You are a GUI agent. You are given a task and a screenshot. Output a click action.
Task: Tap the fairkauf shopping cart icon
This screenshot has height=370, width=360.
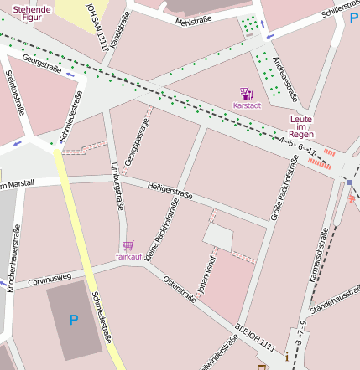[x=128, y=245]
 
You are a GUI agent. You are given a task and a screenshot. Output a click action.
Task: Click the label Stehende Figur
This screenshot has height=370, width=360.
[x=31, y=12]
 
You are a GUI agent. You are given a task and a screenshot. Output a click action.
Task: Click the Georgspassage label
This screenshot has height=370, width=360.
[x=130, y=141]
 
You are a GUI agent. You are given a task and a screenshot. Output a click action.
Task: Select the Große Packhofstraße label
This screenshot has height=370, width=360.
[x=283, y=188]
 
